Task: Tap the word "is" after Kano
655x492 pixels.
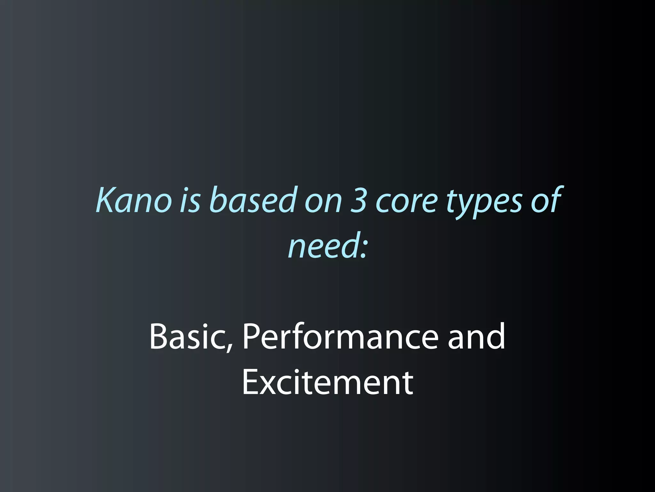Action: pyautogui.click(x=190, y=200)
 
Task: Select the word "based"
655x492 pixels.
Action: pyautogui.click(x=252, y=200)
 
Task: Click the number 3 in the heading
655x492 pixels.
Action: pyautogui.click(x=358, y=200)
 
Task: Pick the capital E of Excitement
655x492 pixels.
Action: pyautogui.click(x=251, y=382)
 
